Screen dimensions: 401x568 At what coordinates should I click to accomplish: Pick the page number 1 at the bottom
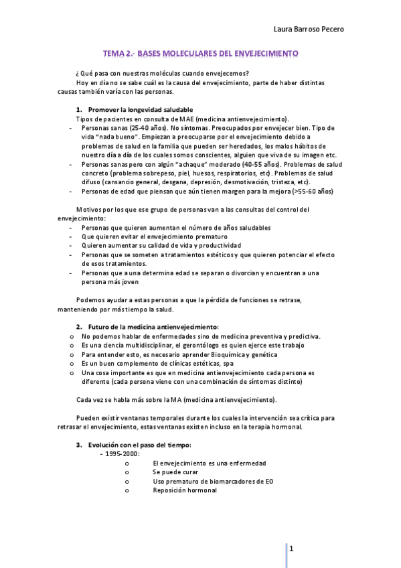291,549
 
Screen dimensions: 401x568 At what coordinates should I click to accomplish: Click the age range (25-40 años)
147,127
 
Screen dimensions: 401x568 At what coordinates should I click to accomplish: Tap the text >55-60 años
311,191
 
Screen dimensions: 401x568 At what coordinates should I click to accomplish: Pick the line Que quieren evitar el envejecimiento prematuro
155,236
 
